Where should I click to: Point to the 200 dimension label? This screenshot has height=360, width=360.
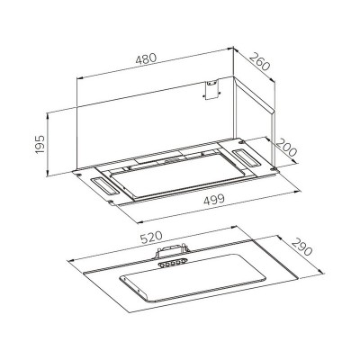[286, 144]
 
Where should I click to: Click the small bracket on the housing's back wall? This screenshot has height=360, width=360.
[212, 90]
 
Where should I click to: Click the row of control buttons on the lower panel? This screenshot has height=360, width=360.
[170, 265]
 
